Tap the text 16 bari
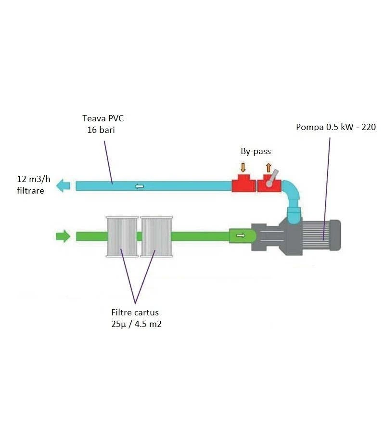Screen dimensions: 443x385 (101, 130)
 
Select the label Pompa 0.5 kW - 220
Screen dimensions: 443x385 (335, 127)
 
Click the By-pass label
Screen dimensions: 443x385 (256, 151)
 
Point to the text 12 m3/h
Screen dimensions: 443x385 (33, 180)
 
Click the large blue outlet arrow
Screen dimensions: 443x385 (63, 185)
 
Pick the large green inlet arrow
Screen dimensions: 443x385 (63, 236)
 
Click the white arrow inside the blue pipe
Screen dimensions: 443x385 (139, 186)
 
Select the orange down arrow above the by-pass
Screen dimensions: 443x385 (243, 167)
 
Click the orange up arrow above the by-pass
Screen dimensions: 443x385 (268, 167)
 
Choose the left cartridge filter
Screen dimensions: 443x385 (122, 236)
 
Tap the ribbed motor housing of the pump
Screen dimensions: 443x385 (322, 236)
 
